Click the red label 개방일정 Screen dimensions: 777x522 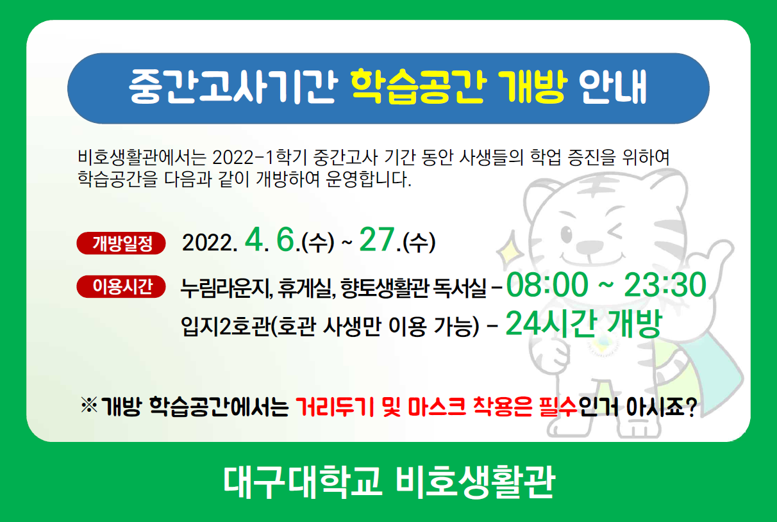pos(121,243)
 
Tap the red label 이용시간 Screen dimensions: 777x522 pos(121,286)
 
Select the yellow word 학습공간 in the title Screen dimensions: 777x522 pos(417,86)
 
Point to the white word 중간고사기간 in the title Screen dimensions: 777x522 pos(233,86)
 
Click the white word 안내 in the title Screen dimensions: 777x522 pos(613,86)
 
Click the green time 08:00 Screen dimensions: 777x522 pos(547,285)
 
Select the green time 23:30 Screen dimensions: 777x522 pos(665,285)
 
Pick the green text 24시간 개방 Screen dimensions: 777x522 pos(584,323)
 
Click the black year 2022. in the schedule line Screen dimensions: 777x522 pos(210,243)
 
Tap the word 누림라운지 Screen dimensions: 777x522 pos(226,288)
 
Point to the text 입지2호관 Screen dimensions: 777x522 pos(225,326)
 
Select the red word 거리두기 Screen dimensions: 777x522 pos(335,407)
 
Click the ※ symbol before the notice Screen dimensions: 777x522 pos(89,405)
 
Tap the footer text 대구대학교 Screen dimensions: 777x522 pos(303,482)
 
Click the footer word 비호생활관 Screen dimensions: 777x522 pos(476,482)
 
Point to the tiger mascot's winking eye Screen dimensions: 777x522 pos(614,232)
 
